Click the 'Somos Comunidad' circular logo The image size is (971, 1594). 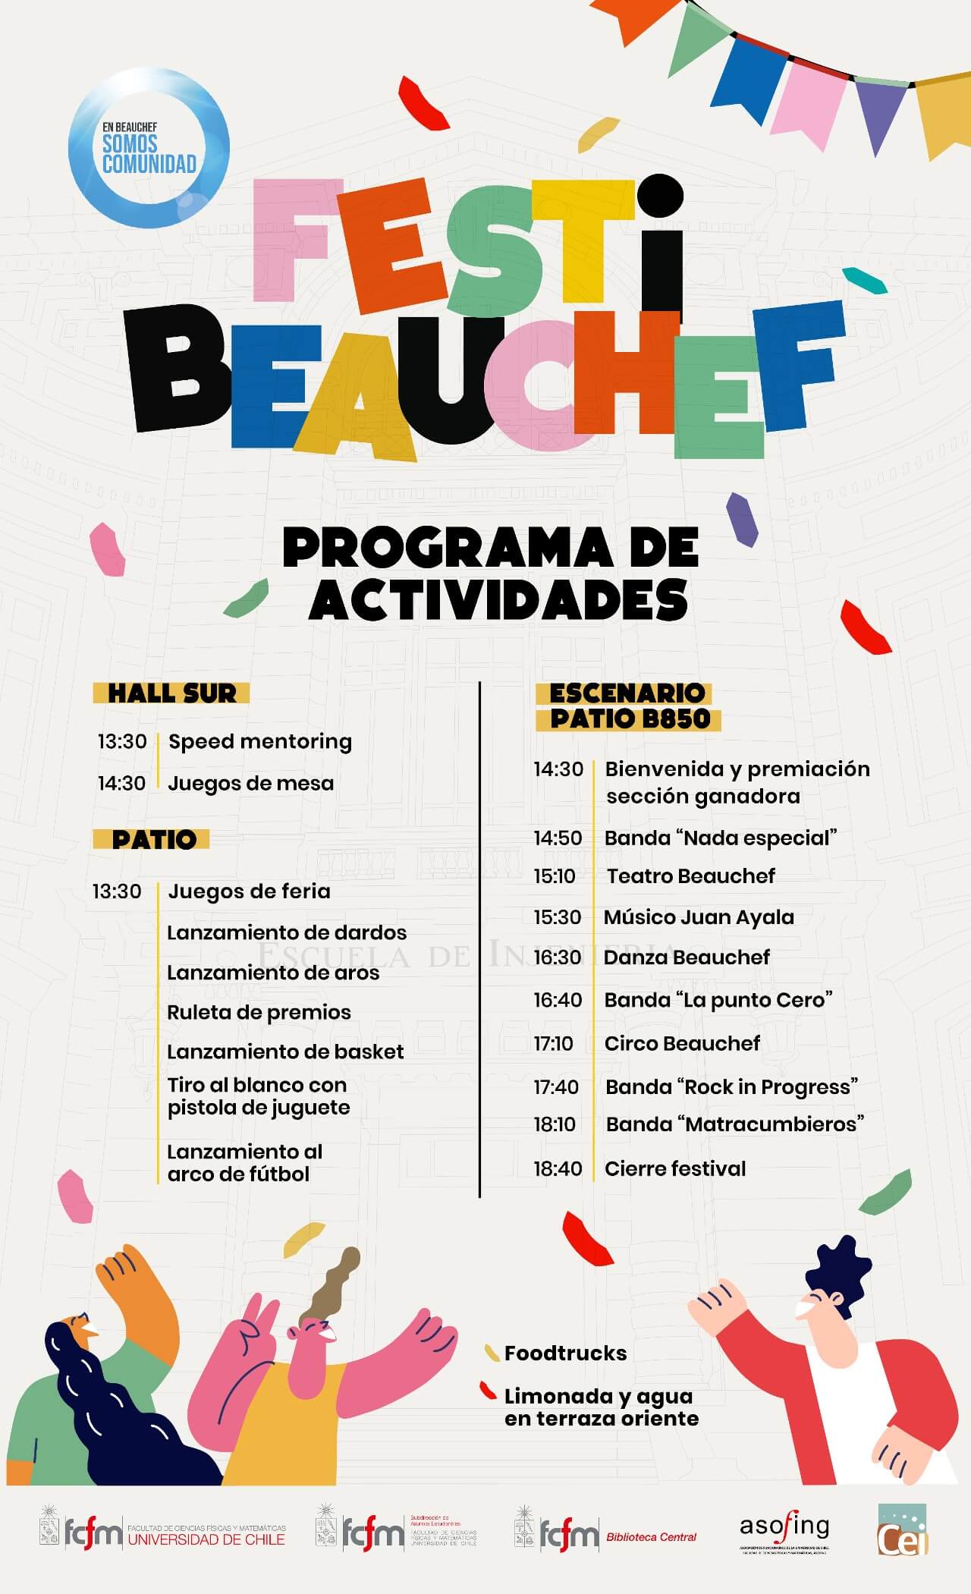[x=149, y=148]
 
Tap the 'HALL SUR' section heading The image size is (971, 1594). [x=171, y=693]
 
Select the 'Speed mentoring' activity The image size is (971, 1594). [x=259, y=741]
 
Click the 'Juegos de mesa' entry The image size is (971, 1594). [x=250, y=783]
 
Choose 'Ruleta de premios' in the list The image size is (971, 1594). [x=259, y=1012]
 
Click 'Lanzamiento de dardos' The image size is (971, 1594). [x=286, y=932]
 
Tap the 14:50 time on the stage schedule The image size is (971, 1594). [x=558, y=838]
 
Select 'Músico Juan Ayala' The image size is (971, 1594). [x=699, y=917]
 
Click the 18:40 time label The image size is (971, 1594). [x=558, y=1168]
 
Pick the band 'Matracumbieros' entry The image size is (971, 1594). [x=734, y=1124]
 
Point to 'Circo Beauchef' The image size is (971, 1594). [x=682, y=1043]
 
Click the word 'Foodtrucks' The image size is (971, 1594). [x=565, y=1353]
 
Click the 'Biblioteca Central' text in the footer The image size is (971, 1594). [x=651, y=1537]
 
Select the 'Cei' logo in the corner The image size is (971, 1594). [x=903, y=1530]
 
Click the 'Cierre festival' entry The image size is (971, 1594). [x=675, y=1168]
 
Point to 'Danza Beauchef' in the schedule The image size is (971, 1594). [x=687, y=957]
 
